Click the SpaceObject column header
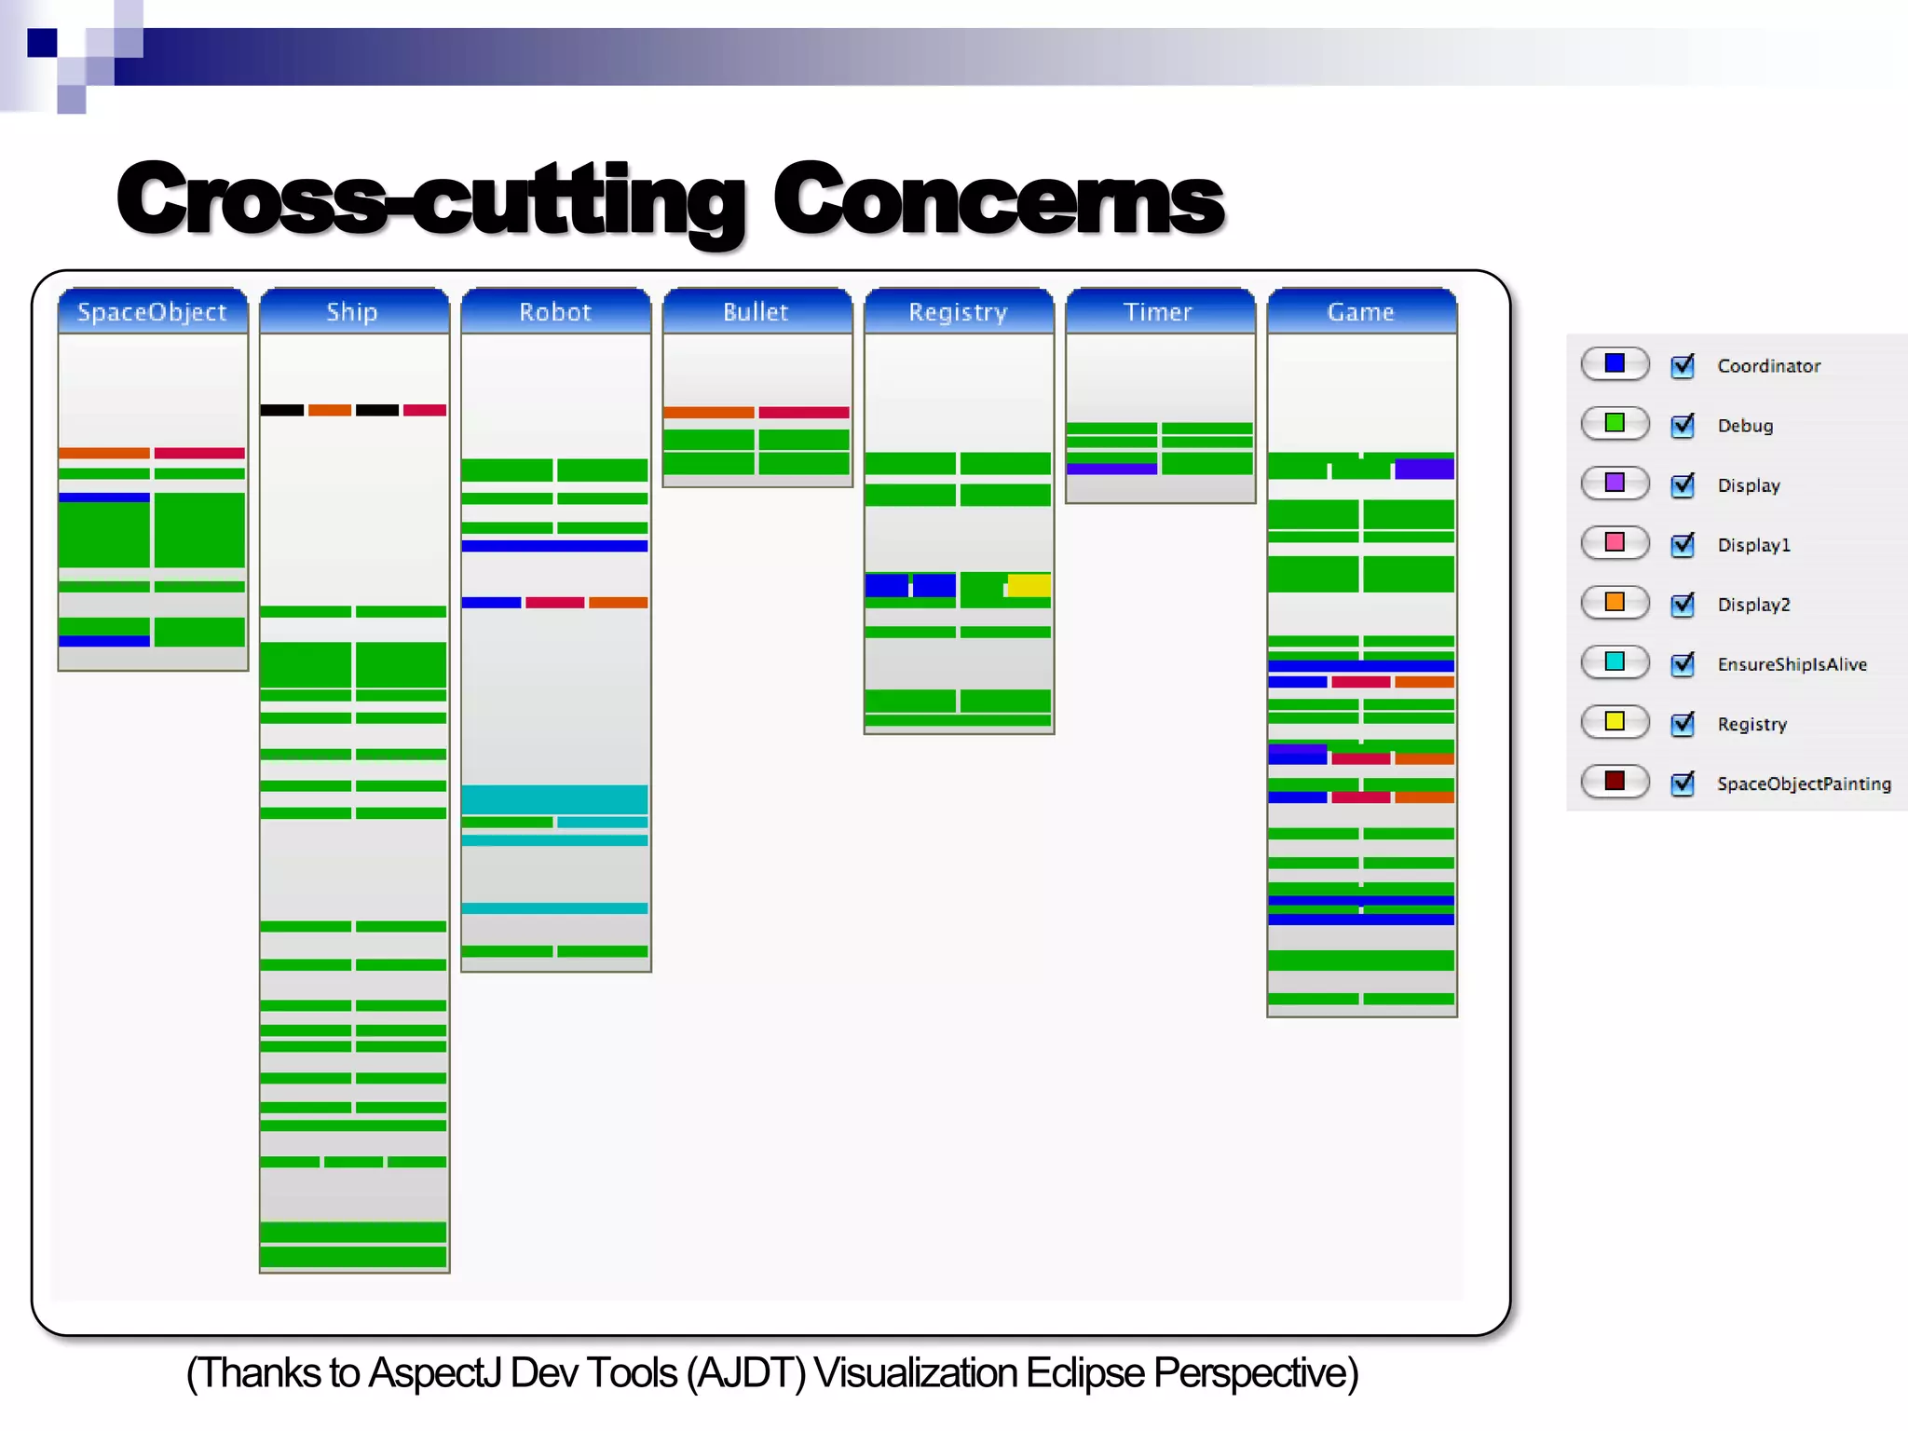click(x=152, y=311)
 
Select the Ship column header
click(x=353, y=311)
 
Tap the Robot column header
click(x=555, y=311)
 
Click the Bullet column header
click(x=756, y=311)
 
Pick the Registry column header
click(x=959, y=311)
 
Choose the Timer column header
click(x=1159, y=311)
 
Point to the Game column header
click(x=1361, y=311)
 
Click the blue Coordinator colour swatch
click(x=1615, y=363)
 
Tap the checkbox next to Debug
click(x=1683, y=425)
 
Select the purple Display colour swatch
click(x=1615, y=483)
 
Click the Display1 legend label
click(x=1753, y=545)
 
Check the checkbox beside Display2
click(x=1683, y=604)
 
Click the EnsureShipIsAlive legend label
click(x=1792, y=664)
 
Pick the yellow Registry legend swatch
click(x=1615, y=721)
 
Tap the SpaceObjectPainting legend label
click(x=1804, y=784)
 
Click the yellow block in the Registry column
click(x=1029, y=585)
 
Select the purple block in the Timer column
click(x=1111, y=469)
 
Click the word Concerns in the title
click(x=998, y=198)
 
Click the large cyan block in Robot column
click(x=554, y=799)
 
